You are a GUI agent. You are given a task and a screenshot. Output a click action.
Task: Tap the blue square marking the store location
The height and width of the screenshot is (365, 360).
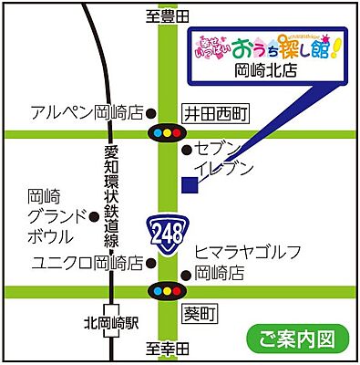pos(190,184)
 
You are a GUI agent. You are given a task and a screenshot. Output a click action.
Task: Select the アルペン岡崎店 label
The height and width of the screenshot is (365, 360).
pos(87,113)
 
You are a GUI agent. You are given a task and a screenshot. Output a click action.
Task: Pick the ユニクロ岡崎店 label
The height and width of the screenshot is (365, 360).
pos(87,264)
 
